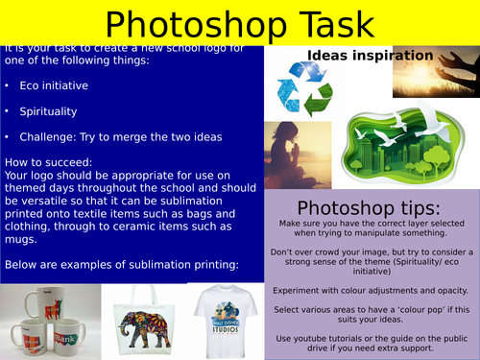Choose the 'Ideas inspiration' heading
(x=369, y=56)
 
